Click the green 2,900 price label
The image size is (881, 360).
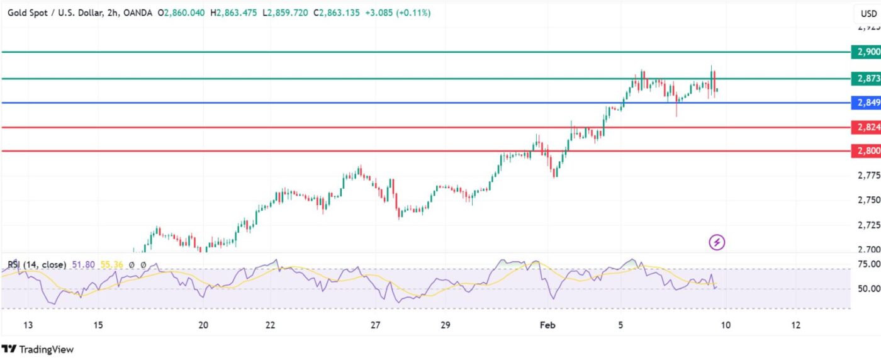[x=865, y=52]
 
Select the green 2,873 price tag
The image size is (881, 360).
[x=865, y=79]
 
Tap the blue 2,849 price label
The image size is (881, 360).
[x=865, y=103]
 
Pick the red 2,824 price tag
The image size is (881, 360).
[x=865, y=127]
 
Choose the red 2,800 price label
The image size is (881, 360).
[x=865, y=151]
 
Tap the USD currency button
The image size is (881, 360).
[x=868, y=13]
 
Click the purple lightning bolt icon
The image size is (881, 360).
[x=717, y=242]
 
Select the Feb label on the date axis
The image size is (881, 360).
[x=546, y=325]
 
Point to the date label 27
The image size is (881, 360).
[x=375, y=325]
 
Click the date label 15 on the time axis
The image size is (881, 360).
[x=98, y=325]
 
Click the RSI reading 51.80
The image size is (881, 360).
[x=82, y=265]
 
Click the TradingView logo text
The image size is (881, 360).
[x=46, y=349]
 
